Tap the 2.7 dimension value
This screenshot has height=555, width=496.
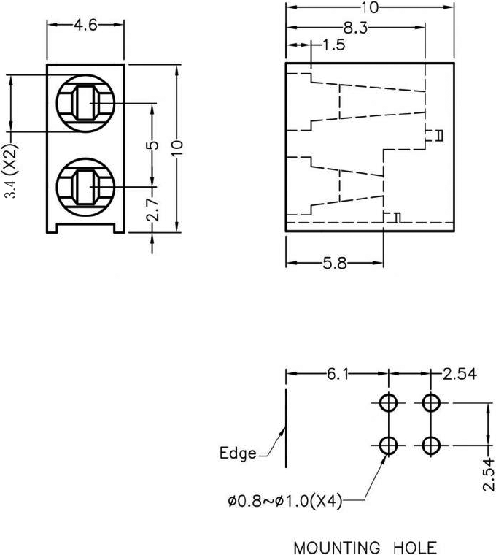152,209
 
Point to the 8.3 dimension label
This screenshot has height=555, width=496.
355,28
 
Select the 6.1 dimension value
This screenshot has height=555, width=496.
337,374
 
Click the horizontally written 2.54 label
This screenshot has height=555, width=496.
460,374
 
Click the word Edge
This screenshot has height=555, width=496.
238,453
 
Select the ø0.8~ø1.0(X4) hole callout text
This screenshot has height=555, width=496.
284,502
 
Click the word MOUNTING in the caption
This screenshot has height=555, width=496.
336,547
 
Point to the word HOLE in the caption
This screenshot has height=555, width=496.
413,547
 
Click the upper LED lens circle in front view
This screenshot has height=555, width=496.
85,102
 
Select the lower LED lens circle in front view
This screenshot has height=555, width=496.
85,185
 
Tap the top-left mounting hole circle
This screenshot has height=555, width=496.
388,402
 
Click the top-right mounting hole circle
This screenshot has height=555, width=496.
432,402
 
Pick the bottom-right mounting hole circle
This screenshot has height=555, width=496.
432,444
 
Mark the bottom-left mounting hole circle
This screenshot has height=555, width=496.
388,444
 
